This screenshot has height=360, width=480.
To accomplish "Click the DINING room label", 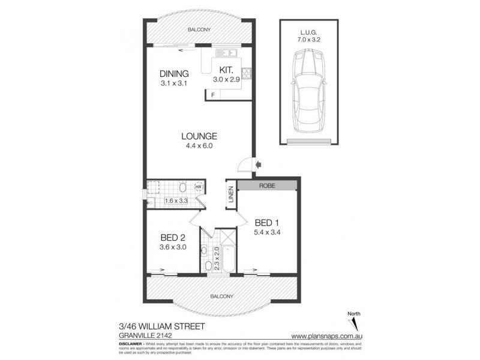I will [x=174, y=74].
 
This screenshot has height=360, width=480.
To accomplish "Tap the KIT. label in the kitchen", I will [x=226, y=70].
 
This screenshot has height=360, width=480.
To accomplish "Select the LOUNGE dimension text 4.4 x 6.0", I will [x=198, y=145].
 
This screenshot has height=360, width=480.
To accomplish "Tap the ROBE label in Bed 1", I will [x=267, y=186].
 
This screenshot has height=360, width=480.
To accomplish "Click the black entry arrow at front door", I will [x=258, y=163].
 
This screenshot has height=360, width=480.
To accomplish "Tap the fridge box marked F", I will [x=212, y=94].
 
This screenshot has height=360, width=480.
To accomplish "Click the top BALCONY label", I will [x=198, y=29].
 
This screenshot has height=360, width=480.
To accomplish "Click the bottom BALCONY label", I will [x=222, y=296].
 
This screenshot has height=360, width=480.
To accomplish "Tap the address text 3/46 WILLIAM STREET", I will [x=163, y=326].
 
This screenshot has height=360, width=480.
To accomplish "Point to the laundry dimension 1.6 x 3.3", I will [x=176, y=201].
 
